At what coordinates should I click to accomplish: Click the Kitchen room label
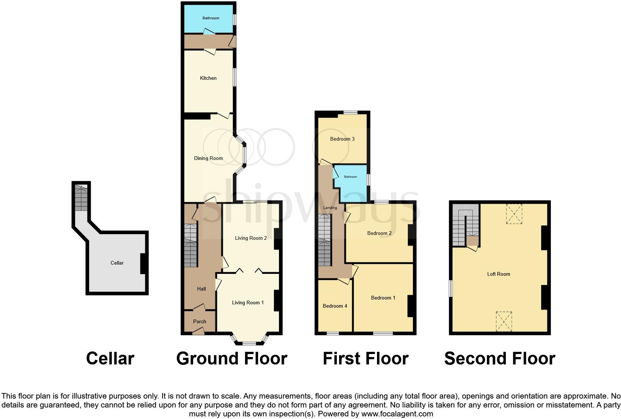[x=208, y=78]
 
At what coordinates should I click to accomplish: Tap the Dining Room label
[x=208, y=158]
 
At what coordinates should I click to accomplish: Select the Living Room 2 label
[x=251, y=238]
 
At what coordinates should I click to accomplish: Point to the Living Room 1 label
[x=248, y=303]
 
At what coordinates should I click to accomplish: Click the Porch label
[x=199, y=322]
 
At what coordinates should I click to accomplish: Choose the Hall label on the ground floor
[x=201, y=289]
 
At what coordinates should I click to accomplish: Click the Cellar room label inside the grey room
[x=117, y=263]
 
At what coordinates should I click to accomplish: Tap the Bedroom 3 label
[x=342, y=139]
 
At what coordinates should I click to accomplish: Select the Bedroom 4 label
[x=335, y=306]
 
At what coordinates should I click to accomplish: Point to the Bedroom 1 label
[x=383, y=298]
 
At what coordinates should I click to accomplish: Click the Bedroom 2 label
[x=379, y=233]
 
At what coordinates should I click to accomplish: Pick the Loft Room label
[x=498, y=274]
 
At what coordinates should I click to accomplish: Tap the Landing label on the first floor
[x=330, y=208]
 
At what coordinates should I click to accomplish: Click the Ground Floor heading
[x=231, y=359]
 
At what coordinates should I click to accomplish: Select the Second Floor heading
[x=500, y=359]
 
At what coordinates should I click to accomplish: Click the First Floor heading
[x=365, y=359]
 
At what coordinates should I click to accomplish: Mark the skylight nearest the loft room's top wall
[x=514, y=214]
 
